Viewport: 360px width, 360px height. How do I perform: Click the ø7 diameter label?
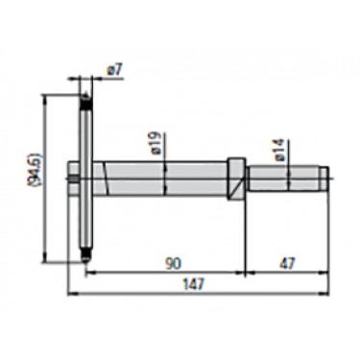coord(115,70)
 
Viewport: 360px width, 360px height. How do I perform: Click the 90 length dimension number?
coord(173,263)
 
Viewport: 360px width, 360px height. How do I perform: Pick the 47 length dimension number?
coord(287,263)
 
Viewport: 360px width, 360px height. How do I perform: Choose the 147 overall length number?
coord(193,284)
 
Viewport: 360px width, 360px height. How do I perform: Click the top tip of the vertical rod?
coord(85,94)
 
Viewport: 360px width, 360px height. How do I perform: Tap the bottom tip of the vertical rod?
coord(85,261)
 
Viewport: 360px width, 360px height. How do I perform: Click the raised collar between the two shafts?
coord(236,179)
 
